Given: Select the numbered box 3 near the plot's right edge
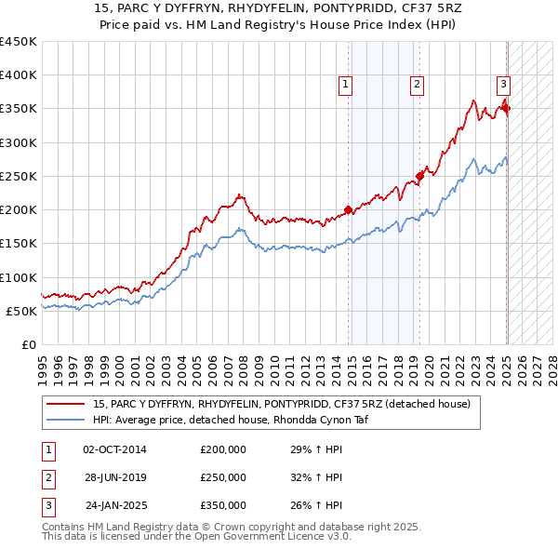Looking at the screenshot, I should click(503, 83).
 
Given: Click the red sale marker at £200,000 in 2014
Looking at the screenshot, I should click(349, 209).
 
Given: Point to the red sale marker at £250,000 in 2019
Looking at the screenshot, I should click(420, 175).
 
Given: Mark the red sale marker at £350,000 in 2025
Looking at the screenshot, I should click(507, 108).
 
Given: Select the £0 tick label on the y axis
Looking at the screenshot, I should click(28, 344).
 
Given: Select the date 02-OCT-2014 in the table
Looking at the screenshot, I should click(114, 449).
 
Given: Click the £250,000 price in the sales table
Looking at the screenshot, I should click(223, 477).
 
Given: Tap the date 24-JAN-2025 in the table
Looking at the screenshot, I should click(115, 506).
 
